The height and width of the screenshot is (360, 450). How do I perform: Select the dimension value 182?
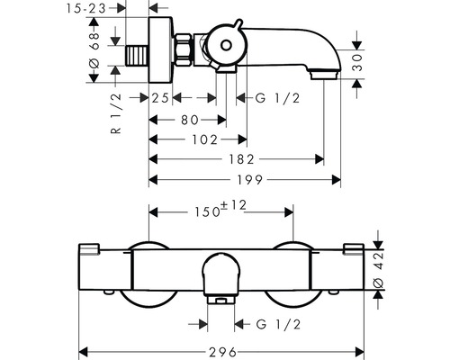tap(238, 158)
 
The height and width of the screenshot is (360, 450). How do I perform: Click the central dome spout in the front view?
tap(222, 274)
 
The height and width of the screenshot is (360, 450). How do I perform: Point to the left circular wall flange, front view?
tap(148, 274)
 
